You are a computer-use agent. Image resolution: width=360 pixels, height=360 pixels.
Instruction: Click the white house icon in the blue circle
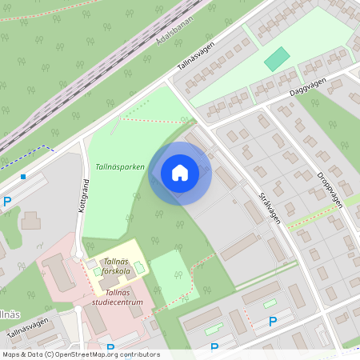point(180,173)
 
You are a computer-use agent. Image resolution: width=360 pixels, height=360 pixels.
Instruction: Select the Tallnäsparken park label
point(119,167)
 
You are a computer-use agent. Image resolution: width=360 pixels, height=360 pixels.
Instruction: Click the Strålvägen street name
point(270,206)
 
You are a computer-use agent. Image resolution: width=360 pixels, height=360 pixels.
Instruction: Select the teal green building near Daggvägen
point(277,58)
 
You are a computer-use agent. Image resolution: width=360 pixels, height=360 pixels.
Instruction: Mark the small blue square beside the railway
point(23,176)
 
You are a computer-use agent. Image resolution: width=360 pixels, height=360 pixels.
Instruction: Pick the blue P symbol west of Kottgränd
point(7,202)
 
